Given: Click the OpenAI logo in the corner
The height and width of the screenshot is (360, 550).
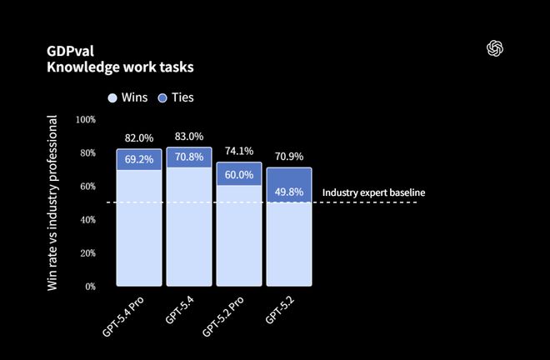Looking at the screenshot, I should [496, 47].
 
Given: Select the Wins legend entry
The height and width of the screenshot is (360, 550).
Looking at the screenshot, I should [127, 97].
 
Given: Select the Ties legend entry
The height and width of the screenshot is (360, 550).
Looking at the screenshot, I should [175, 97].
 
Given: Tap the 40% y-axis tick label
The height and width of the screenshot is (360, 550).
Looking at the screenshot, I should [87, 219].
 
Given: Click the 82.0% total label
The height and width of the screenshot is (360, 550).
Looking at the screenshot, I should [139, 137].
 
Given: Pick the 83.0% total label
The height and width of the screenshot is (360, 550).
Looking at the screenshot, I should [189, 136].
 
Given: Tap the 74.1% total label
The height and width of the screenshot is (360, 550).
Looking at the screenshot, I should [239, 151].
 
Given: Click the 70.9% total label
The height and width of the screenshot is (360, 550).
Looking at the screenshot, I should [289, 156].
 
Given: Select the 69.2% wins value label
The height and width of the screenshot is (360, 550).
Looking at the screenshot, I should [139, 159].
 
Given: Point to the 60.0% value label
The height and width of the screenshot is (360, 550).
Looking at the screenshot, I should [239, 174].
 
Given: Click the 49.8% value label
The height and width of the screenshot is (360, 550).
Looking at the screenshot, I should [289, 192].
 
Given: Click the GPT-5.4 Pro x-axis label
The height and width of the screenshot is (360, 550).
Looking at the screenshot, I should [125, 316].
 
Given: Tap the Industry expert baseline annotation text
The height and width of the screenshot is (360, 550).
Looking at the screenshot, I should [373, 192].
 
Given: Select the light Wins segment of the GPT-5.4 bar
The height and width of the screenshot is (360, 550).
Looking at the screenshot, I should [189, 229].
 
